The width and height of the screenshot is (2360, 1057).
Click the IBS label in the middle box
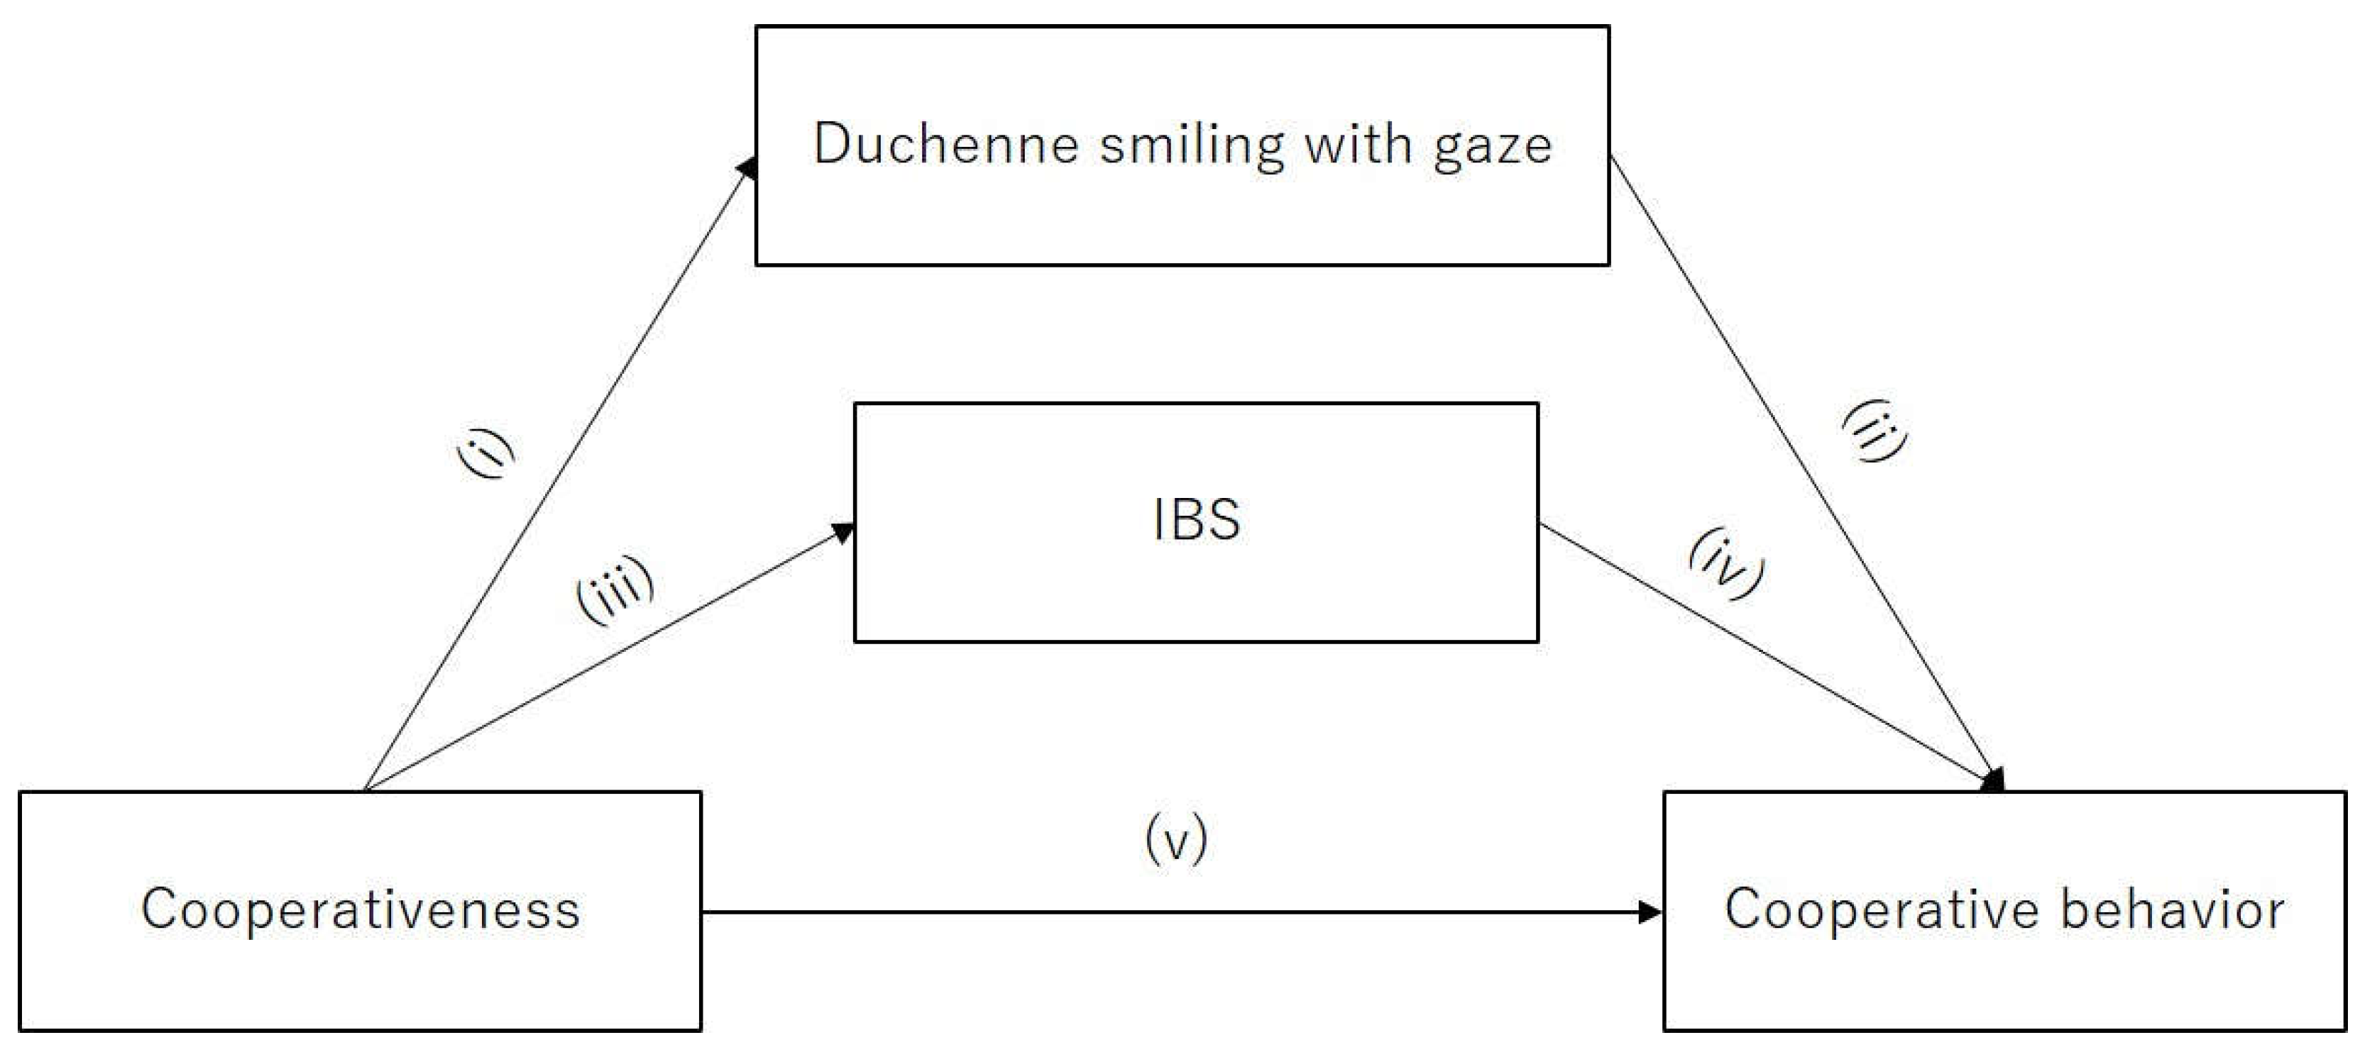pyautogui.click(x=1197, y=519)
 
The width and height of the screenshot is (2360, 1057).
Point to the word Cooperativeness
pyautogui.click(x=361, y=909)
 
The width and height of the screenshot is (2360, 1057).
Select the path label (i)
pyautogui.click(x=485, y=453)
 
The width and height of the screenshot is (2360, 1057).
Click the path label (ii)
pyautogui.click(x=1875, y=431)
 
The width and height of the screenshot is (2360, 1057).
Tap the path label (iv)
pyautogui.click(x=1727, y=563)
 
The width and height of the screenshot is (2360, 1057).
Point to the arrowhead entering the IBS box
pyautogui.click(x=843, y=531)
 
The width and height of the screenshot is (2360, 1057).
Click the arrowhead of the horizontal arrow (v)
pyautogui.click(x=1650, y=912)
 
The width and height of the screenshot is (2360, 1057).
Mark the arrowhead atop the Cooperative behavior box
pyautogui.click(x=1994, y=780)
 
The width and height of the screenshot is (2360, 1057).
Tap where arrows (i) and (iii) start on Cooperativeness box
pyautogui.click(x=365, y=789)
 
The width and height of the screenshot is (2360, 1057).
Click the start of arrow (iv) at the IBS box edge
pyautogui.click(x=1540, y=525)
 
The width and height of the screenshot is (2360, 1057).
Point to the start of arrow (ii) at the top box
pyautogui.click(x=1610, y=157)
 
